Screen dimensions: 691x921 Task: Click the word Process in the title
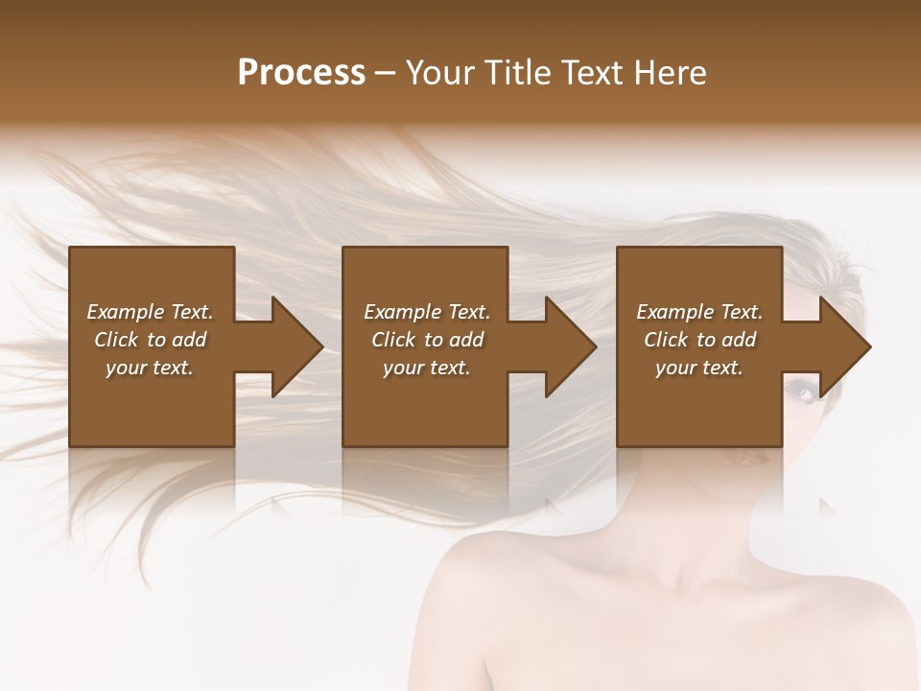point(301,73)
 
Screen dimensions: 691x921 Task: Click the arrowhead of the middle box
point(569,346)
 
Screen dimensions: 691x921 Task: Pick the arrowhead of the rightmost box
point(843,346)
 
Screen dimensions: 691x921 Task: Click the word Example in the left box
point(126,312)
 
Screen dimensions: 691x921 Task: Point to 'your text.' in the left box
point(150,368)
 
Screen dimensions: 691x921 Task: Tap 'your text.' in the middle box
point(427,368)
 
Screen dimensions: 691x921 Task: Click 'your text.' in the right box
point(699,368)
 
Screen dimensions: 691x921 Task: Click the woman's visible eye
point(801,389)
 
